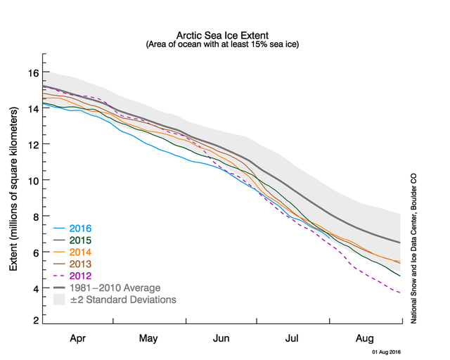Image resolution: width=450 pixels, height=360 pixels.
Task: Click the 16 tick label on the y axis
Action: (32, 72)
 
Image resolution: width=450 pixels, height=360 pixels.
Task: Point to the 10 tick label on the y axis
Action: (32, 180)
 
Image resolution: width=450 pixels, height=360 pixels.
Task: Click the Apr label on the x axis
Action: (79, 338)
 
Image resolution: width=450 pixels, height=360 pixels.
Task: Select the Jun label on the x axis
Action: (222, 338)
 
